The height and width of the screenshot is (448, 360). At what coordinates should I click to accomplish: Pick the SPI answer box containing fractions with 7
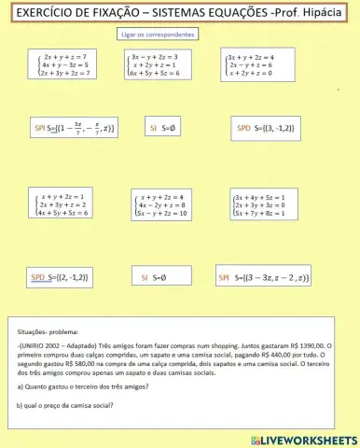tap(74, 126)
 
